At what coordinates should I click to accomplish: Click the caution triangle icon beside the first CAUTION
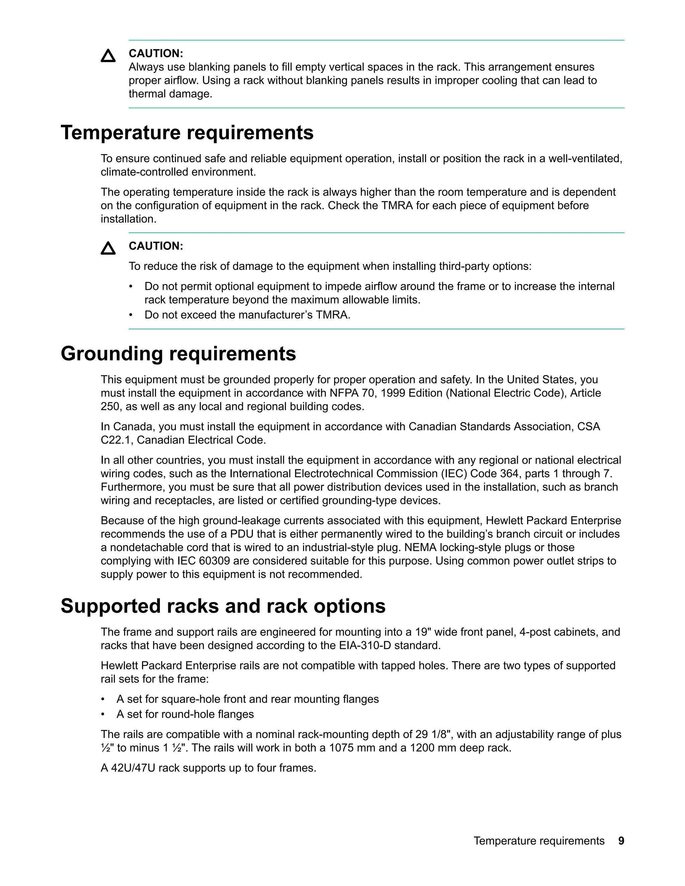(108, 56)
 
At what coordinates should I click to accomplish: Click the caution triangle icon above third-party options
(108, 248)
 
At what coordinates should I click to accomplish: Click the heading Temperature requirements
(187, 133)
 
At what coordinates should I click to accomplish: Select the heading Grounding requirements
(178, 353)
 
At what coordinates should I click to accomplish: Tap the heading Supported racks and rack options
(223, 606)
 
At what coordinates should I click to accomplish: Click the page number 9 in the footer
(621, 841)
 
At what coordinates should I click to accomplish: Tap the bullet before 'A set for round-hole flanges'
(103, 714)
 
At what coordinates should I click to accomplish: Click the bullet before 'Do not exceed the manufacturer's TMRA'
(131, 315)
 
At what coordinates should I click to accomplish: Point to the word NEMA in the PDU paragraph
(421, 548)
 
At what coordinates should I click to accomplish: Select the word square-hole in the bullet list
(190, 699)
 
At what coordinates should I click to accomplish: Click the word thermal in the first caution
(147, 94)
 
